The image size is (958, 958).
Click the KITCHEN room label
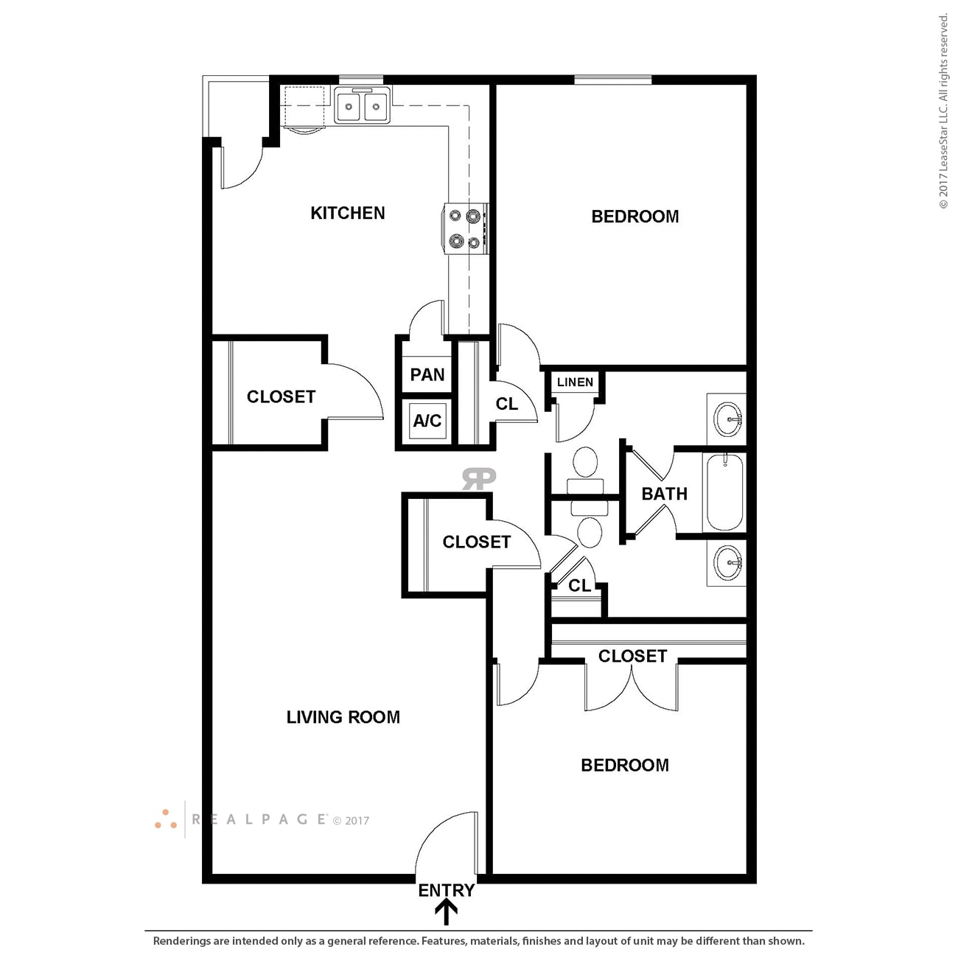pos(347,214)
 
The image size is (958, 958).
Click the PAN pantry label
pos(427,375)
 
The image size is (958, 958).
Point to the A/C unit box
pos(427,421)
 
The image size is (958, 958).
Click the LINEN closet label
pos(575,382)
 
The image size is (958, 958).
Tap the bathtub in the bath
pos(725,492)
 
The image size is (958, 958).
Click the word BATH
pos(664,494)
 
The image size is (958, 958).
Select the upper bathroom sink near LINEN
pos(728,420)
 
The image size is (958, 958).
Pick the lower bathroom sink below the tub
pos(728,563)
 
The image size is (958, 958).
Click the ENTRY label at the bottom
pos(446,891)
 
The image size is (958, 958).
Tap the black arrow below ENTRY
pos(446,913)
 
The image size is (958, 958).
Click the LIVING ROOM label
pos(343,717)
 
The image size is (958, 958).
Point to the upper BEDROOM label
pos(634,217)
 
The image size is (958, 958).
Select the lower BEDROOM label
pos(625,766)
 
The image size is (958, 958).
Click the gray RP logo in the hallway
pos(479,479)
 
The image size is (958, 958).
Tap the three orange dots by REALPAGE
pos(166,819)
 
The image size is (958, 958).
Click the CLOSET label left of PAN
pos(281,397)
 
